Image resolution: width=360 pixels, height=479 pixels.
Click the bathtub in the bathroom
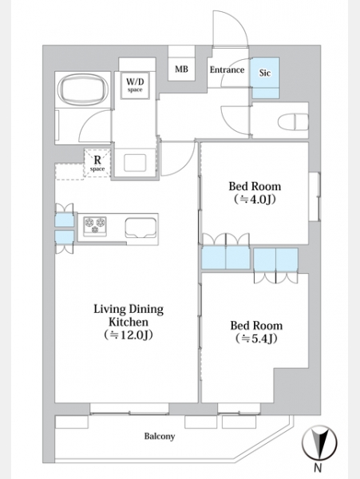click(83, 89)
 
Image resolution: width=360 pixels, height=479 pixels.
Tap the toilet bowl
click(293, 121)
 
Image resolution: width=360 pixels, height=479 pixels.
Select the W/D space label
click(135, 85)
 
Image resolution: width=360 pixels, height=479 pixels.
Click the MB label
click(181, 69)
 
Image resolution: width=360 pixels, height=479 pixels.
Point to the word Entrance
click(227, 69)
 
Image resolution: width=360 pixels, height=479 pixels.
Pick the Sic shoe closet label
click(265, 73)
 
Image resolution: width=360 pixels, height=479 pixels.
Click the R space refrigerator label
click(97, 164)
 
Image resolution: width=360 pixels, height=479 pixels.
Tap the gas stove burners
click(95, 225)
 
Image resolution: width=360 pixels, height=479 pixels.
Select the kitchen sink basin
click(140, 228)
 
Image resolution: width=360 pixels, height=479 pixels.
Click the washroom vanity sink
click(135, 163)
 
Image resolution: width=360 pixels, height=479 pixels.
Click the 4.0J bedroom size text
click(255, 200)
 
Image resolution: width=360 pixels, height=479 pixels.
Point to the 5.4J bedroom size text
click(256, 338)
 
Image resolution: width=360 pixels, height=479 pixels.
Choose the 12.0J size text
click(129, 335)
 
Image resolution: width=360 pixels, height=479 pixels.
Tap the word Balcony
click(160, 436)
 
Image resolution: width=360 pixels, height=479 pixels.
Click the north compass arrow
click(319, 442)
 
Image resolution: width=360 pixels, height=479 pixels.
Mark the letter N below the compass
click(318, 467)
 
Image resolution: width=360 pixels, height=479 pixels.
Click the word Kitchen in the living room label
click(129, 322)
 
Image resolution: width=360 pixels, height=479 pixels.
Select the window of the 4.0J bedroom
click(315, 196)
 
